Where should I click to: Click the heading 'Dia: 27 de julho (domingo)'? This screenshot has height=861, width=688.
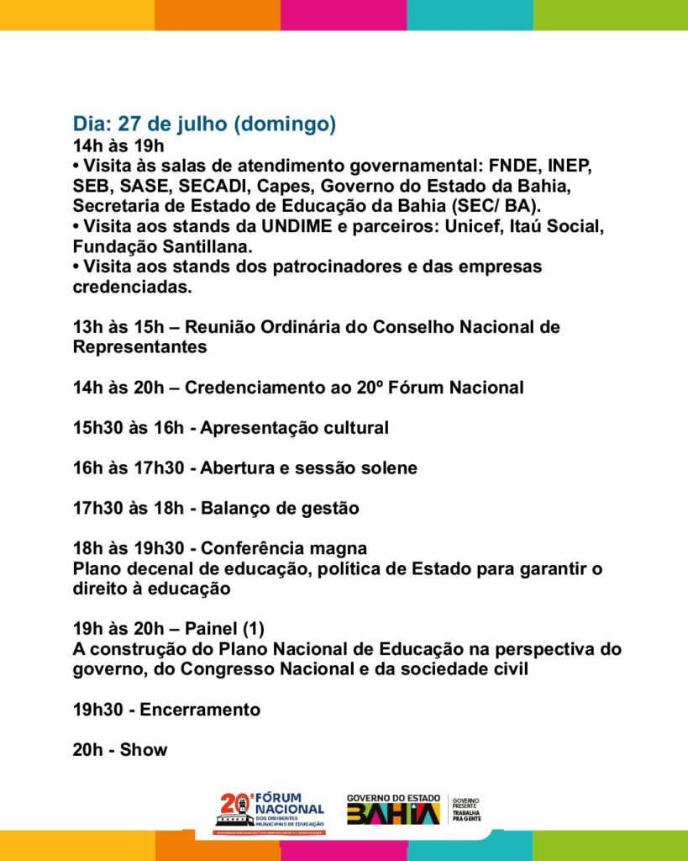click(204, 124)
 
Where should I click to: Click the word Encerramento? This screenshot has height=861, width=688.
click(200, 710)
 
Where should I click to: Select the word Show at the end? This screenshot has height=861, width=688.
click(144, 750)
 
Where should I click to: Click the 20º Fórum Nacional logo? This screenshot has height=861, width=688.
click(271, 812)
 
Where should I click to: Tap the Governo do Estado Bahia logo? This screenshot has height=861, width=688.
click(393, 810)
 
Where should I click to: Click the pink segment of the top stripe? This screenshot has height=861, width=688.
click(344, 14)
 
